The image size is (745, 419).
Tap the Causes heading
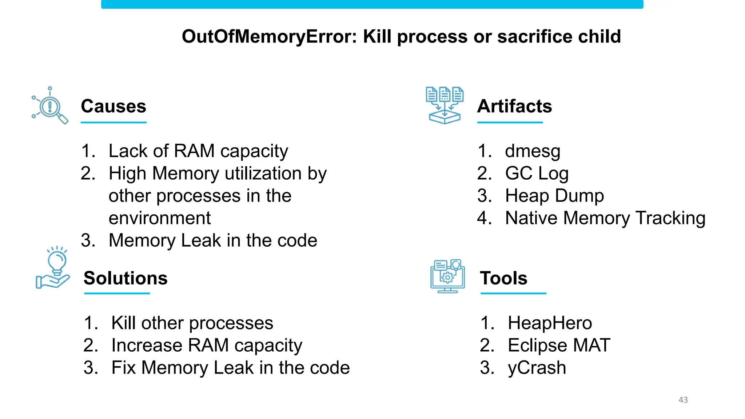tap(113, 106)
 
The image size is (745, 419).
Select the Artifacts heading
tap(514, 106)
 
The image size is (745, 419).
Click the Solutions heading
tap(126, 278)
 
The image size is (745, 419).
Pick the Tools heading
tap(503, 278)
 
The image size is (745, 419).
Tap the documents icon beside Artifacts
tap(445, 105)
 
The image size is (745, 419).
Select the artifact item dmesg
tap(533, 151)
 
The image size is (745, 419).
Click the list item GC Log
tap(537, 173)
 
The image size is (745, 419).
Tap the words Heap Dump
tap(554, 196)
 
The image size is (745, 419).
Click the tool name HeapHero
tap(550, 323)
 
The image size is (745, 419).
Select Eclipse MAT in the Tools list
tap(559, 345)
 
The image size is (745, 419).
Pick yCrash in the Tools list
tap(537, 368)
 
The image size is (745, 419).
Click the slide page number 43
tap(683, 400)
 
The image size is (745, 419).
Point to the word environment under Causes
tap(160, 218)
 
